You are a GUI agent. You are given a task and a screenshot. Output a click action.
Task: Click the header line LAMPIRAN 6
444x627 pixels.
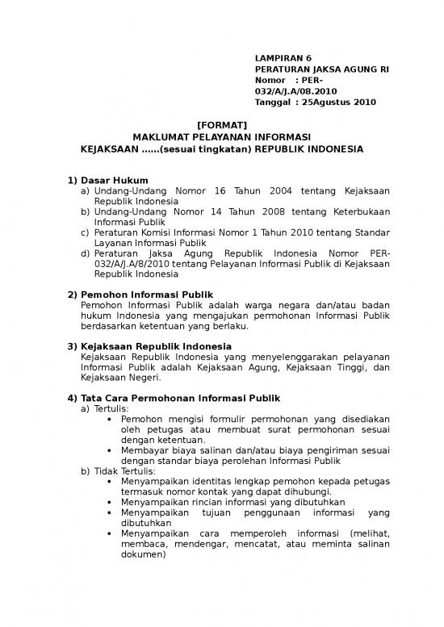coord(283,59)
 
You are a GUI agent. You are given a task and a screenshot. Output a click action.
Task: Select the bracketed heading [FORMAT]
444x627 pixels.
coord(221,124)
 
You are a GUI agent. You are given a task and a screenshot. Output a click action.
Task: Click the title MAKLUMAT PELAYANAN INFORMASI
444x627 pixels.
coord(222,137)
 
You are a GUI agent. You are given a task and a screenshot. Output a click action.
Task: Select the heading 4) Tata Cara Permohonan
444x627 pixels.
coord(174,397)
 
